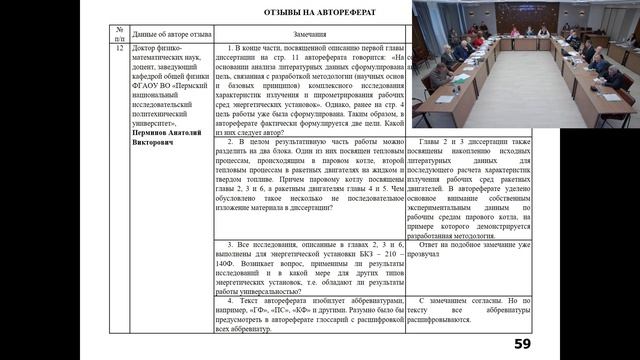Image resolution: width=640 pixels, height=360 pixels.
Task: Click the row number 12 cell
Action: pos(119,48)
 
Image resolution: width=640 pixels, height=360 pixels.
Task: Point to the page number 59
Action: pos(522,344)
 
